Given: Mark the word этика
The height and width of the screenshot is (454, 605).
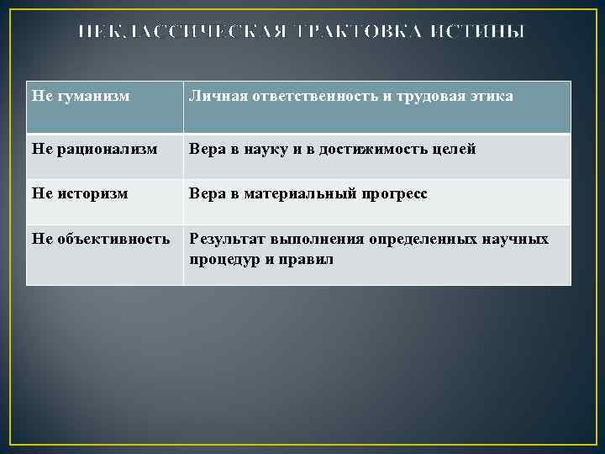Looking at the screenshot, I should (492, 98).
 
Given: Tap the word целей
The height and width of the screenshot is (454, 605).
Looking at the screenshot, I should (457, 150).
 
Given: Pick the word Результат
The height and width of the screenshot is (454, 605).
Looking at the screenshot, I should (223, 240).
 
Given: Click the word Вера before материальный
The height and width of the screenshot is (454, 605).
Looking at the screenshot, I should (207, 194).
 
